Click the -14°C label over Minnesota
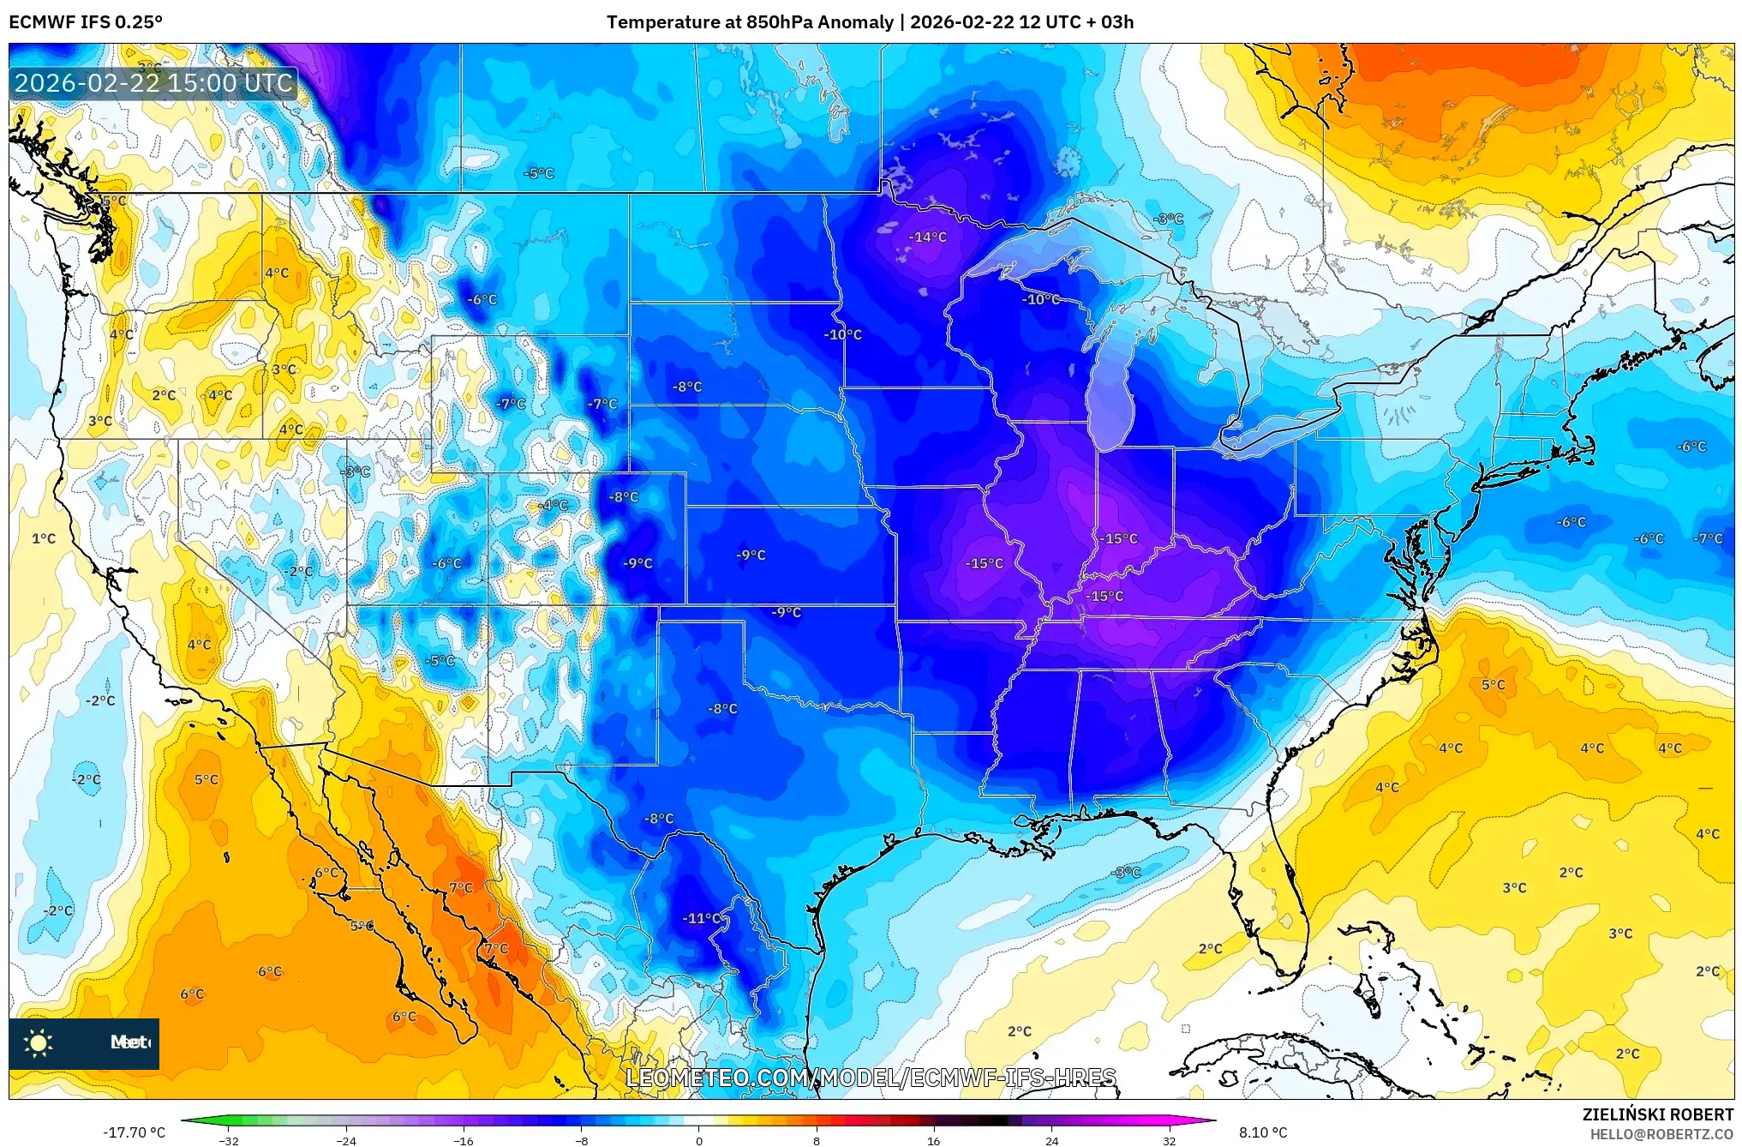pyautogui.click(x=927, y=237)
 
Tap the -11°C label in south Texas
pyautogui.click(x=702, y=918)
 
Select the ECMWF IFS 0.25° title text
pyautogui.click(x=86, y=22)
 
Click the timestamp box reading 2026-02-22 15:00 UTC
pyautogui.click(x=154, y=83)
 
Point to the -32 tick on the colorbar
pyautogui.click(x=229, y=1140)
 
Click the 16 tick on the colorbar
pyautogui.click(x=934, y=1140)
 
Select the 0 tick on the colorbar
pyautogui.click(x=699, y=1140)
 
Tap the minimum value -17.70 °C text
pyautogui.click(x=135, y=1132)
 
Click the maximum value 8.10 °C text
pyautogui.click(x=1263, y=1132)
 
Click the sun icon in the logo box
pyautogui.click(x=39, y=1042)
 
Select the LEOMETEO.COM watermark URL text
pyautogui.click(x=871, y=1078)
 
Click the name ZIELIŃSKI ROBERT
pyautogui.click(x=1657, y=1114)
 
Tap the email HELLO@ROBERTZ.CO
pyautogui.click(x=1661, y=1134)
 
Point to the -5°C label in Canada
pyautogui.click(x=539, y=173)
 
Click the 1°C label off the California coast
pyautogui.click(x=44, y=538)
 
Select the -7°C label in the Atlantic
pyautogui.click(x=1708, y=538)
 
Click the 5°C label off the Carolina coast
pyautogui.click(x=1493, y=685)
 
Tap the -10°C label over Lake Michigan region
pyautogui.click(x=1041, y=299)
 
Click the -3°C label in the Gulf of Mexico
pyautogui.click(x=1125, y=872)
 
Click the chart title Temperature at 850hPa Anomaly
pyautogui.click(x=750, y=22)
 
